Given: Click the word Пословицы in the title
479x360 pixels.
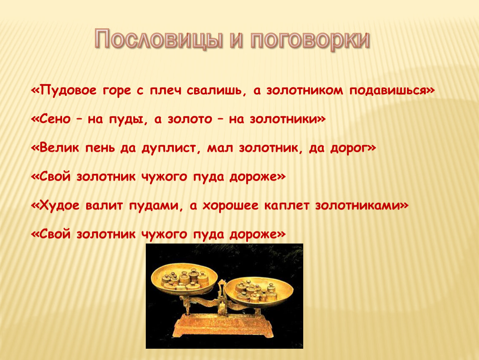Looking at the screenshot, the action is pos(157,39).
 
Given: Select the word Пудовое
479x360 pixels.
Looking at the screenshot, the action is pos(68,91).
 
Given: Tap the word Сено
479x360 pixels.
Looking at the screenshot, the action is pos(55,119).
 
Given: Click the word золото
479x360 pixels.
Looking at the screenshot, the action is pos(190,119).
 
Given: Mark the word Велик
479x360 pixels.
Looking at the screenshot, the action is pos(59,148).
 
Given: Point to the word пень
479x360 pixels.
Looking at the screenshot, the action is pos(100,148).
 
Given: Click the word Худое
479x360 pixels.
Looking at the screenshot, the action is pos(60,206).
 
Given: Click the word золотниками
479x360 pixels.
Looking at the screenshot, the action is pos(358,205).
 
